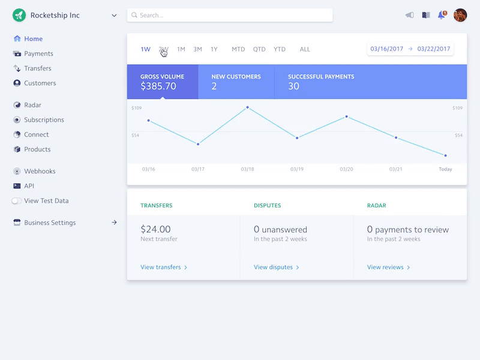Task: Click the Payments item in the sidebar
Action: click(38, 53)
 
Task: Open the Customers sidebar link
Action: click(40, 83)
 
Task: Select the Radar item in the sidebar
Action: click(32, 105)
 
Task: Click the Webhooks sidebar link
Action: click(40, 171)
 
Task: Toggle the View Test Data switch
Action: click(16, 201)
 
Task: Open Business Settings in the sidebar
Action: click(50, 223)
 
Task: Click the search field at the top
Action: click(230, 15)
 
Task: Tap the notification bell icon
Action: click(442, 15)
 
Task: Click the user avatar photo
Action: click(460, 15)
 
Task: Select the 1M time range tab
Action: click(181, 49)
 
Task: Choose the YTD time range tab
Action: click(280, 49)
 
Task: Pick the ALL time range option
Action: click(305, 49)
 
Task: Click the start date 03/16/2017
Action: click(387, 49)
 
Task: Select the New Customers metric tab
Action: click(236, 82)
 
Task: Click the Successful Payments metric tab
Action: click(321, 82)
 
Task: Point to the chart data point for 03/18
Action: click(247, 107)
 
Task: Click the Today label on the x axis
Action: click(445, 169)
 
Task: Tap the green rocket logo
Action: click(19, 15)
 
